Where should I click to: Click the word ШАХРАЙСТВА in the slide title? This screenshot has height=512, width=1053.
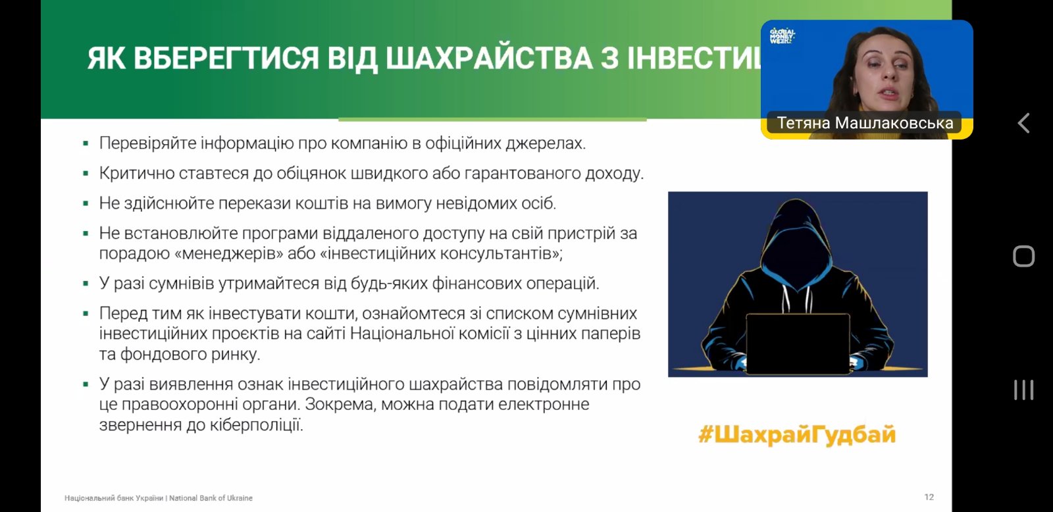click(x=489, y=59)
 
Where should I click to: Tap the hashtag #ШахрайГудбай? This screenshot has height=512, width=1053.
click(x=797, y=434)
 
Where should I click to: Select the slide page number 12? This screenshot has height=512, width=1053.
click(x=929, y=497)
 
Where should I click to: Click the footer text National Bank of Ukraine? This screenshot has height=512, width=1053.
click(x=211, y=498)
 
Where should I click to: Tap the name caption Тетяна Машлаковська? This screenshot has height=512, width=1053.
click(x=865, y=123)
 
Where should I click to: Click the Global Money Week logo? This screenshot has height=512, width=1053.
click(x=782, y=36)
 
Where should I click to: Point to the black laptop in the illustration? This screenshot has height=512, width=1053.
click(x=798, y=344)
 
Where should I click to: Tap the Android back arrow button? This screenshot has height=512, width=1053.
click(x=1023, y=123)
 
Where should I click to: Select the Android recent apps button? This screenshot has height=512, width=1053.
click(x=1023, y=390)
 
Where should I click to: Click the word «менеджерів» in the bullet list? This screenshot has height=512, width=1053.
click(x=229, y=253)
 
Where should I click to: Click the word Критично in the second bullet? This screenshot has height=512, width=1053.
click(x=130, y=174)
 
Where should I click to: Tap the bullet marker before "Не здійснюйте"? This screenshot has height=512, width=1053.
click(x=86, y=204)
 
